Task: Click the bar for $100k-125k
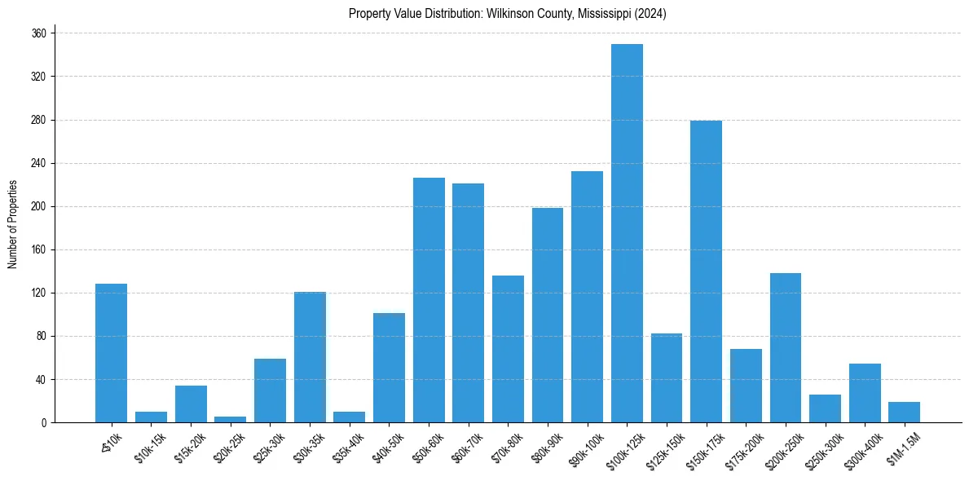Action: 627,233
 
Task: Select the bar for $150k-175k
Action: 706,271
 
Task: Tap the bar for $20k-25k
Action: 230,420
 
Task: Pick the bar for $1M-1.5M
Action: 905,413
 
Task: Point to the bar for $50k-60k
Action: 429,300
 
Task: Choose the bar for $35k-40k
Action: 349,417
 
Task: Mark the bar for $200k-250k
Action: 786,348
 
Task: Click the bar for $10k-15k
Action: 151,417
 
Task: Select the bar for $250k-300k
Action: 825,408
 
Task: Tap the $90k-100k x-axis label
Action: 583,447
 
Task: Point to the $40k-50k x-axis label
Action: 384,447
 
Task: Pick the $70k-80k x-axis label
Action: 503,447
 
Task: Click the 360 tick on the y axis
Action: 39,33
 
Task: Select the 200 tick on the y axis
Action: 39,206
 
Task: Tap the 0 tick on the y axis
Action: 44,422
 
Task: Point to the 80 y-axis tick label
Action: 42,336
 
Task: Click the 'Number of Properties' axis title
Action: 12,223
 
